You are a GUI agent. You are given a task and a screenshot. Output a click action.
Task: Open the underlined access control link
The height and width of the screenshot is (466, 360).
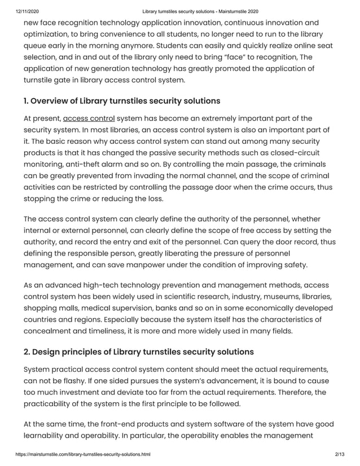point(89,118)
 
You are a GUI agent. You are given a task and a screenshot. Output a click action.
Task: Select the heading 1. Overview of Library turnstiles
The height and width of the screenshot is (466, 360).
point(122,101)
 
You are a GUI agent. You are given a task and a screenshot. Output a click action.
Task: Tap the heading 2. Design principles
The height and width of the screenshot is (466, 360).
point(139,351)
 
